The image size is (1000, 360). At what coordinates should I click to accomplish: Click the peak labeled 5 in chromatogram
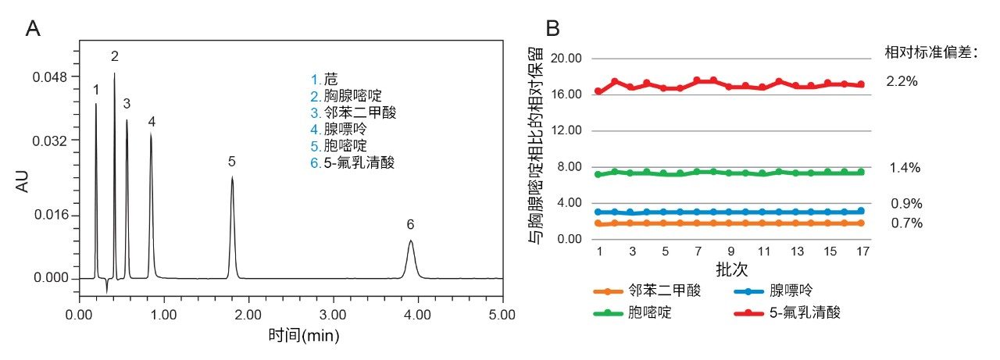[232, 181]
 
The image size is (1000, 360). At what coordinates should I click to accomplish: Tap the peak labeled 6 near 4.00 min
[411, 244]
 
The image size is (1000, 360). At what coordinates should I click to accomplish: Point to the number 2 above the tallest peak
[114, 56]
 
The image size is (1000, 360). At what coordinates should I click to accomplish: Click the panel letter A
[33, 29]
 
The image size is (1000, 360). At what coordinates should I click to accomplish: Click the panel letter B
[552, 29]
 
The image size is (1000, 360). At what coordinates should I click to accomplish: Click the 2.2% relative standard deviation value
[901, 80]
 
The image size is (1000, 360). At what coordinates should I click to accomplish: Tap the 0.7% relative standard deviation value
[905, 223]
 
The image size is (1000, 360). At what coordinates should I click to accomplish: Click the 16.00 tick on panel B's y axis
[568, 94]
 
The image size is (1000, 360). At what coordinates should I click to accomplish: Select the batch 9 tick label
[730, 252]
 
